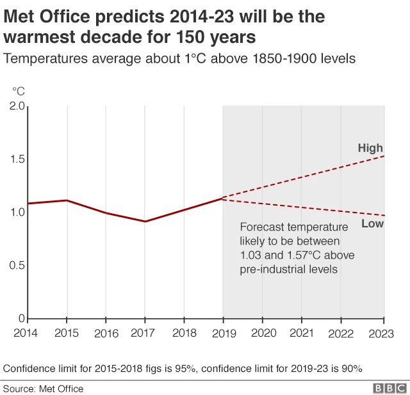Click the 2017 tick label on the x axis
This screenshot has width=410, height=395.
[x=145, y=334]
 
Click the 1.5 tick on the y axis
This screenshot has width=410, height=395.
[x=17, y=159]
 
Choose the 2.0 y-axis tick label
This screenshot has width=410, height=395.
[x=17, y=106]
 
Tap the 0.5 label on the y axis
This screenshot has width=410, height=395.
[x=17, y=265]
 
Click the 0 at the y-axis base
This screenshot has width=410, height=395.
[x=20, y=318]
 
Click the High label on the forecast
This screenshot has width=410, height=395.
[x=370, y=149]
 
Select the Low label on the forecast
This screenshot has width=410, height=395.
[x=372, y=224]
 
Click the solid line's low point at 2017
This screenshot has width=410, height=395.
[x=145, y=222]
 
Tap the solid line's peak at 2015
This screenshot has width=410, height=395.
[x=67, y=200]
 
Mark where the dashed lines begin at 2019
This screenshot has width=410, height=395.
[x=223, y=198]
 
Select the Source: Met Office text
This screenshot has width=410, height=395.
[x=44, y=389]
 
